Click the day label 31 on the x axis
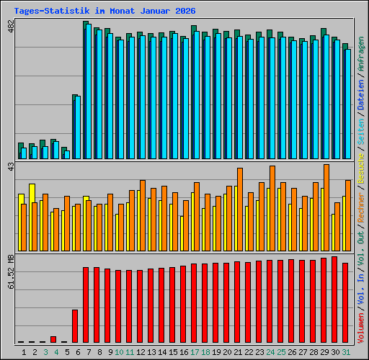coord(346,351)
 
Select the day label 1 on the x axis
coord(24,351)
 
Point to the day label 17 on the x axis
coord(195,351)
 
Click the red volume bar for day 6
coord(75,326)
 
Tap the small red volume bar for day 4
coord(53,339)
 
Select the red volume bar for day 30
coord(334,300)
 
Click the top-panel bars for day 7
coord(86,90)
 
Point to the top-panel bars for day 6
coord(76,126)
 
